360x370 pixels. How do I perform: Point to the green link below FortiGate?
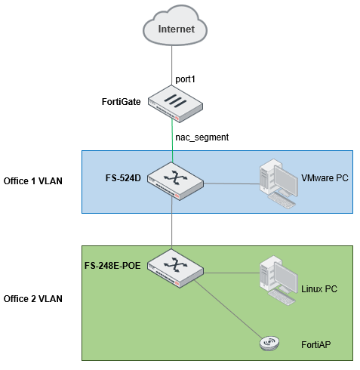tap(173, 140)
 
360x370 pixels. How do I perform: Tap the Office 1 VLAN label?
tap(33, 180)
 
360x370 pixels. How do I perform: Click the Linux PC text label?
tap(320, 289)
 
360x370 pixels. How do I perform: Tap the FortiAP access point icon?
tap(270, 343)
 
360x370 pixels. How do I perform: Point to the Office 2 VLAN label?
tap(33, 298)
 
